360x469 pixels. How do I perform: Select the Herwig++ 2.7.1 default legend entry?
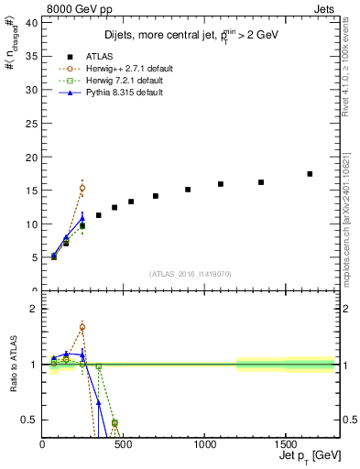pyautogui.click(x=125, y=68)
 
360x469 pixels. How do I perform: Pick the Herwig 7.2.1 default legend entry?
pyautogui.click(x=123, y=81)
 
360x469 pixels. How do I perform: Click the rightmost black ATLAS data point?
pyautogui.click(x=310, y=174)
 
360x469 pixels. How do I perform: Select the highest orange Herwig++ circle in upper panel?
pyautogui.click(x=82, y=188)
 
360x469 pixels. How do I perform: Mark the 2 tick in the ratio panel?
pyautogui.click(x=33, y=309)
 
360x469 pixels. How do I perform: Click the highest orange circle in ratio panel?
pyautogui.click(x=82, y=327)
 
